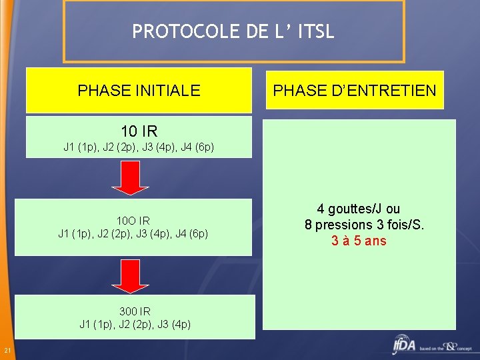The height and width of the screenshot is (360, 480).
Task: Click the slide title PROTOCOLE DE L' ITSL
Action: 233,31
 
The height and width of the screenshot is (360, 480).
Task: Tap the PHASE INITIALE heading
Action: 139,91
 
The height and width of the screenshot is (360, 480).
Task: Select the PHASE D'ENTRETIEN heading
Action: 355,91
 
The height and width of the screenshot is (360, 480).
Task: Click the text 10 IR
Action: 139,131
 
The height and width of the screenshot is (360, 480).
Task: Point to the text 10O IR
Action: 133,221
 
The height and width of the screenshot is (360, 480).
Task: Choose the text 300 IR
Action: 135,311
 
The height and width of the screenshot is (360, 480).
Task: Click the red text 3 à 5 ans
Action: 359,241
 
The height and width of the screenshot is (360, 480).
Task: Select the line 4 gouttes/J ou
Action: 359,209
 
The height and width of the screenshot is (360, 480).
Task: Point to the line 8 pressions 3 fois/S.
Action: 364,225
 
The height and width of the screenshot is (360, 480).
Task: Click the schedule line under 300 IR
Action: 135,325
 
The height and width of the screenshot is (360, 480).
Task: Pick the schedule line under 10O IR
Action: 133,233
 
